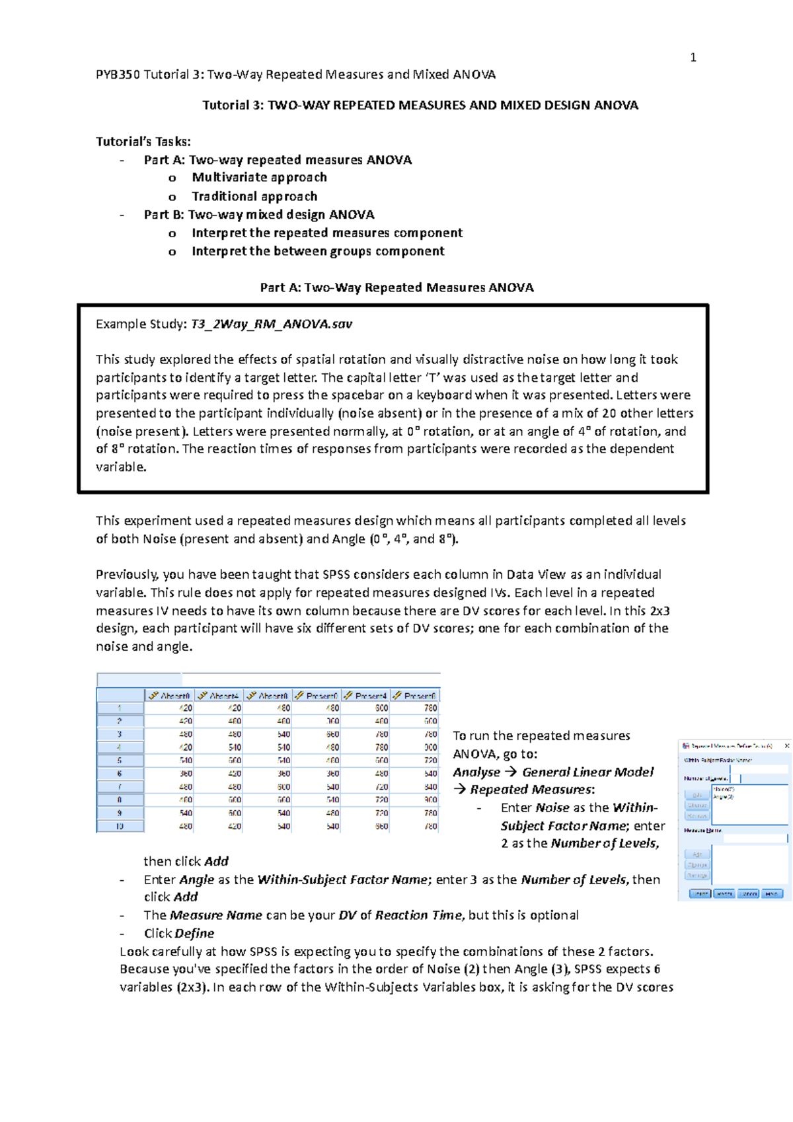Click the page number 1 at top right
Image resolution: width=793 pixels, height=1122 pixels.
tap(693, 57)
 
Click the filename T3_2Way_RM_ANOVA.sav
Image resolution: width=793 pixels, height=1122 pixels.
tap(271, 324)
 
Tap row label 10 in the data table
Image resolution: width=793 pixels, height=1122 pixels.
tap(120, 826)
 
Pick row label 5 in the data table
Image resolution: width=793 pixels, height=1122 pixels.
tap(120, 761)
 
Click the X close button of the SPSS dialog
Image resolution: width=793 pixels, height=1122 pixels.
tap(786, 745)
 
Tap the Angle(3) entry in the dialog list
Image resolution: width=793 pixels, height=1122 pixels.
tap(723, 797)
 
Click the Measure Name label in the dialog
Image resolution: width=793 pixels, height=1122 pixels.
tap(702, 830)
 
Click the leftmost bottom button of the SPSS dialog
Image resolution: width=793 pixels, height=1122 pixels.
tap(699, 893)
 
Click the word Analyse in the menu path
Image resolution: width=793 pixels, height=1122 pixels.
tap(476, 772)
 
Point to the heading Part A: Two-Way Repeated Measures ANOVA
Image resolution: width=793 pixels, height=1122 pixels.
tap(397, 287)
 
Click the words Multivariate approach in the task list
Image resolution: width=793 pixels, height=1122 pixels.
tap(259, 177)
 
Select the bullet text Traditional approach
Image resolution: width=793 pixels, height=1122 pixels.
tap(254, 196)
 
